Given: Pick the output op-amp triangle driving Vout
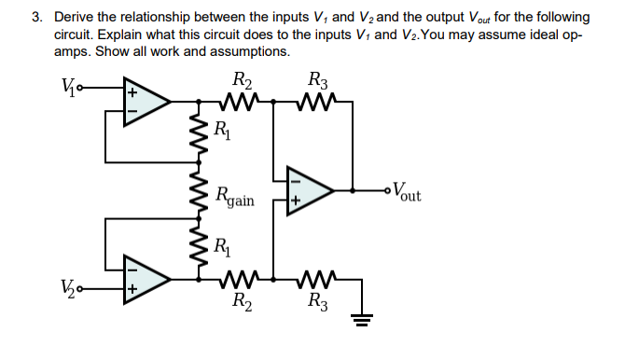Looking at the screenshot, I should click(313, 191).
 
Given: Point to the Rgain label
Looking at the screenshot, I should click(234, 197).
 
